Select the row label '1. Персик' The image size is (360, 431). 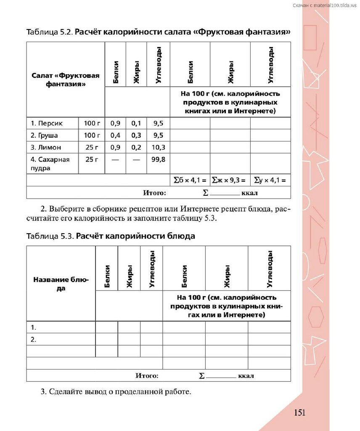[x=47, y=123]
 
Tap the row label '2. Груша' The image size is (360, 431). [x=44, y=136]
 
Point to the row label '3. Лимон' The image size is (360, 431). [x=46, y=147]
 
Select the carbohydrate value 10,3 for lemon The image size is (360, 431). [x=159, y=147]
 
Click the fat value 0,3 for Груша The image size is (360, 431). [x=136, y=136]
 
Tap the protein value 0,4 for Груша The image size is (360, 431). [x=115, y=136]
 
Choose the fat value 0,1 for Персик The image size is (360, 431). [x=136, y=123]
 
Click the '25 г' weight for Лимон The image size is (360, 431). [x=92, y=147]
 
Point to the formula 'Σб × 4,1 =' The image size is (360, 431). [x=190, y=181]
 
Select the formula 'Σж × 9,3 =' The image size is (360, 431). [x=230, y=181]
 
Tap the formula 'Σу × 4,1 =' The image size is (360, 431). [x=270, y=181]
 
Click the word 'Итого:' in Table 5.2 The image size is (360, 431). [x=155, y=193]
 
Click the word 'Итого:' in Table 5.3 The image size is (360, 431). [x=147, y=375]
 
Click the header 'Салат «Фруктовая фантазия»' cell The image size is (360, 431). [x=66, y=80]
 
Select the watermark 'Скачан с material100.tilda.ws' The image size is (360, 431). [x=324, y=5]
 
